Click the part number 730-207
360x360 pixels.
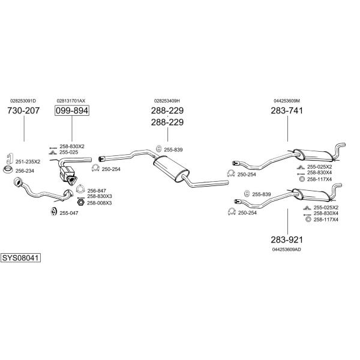pyautogui.click(x=23, y=110)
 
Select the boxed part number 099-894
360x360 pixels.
pyautogui.click(x=72, y=110)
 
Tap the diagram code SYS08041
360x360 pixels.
pyautogui.click(x=20, y=258)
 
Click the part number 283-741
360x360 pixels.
pyautogui.click(x=287, y=110)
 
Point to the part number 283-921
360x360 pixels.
pyautogui.click(x=287, y=239)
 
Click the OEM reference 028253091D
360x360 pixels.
pyautogui.click(x=23, y=101)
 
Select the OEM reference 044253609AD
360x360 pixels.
pyautogui.click(x=287, y=250)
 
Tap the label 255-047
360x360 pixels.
pyautogui.click(x=69, y=213)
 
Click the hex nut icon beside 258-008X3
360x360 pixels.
pyautogui.click(x=80, y=203)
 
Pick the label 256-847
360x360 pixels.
pyautogui.click(x=97, y=191)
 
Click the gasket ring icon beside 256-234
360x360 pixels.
pyautogui.click(x=8, y=170)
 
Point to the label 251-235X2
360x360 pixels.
pyautogui.click(x=28, y=161)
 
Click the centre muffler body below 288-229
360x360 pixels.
pyautogui.click(x=171, y=168)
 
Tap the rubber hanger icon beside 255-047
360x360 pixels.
pyautogui.click(x=53, y=211)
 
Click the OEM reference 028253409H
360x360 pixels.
pyautogui.click(x=167, y=101)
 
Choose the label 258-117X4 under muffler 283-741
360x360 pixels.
pyautogui.click(x=319, y=179)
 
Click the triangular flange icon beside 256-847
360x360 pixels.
pyautogui.click(x=80, y=189)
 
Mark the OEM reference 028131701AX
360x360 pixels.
pyautogui.click(x=71, y=101)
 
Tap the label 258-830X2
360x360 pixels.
pyautogui.click(x=72, y=146)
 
